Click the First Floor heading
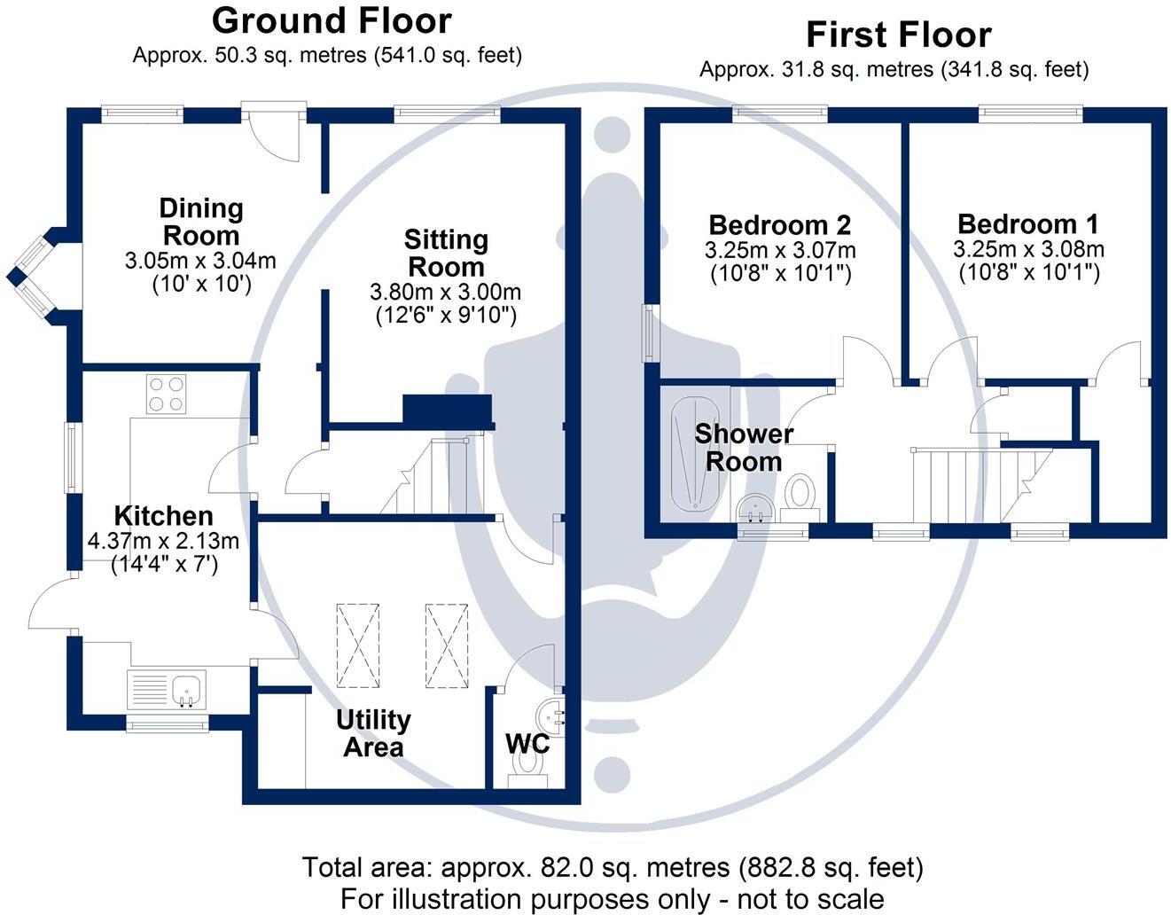(x=898, y=35)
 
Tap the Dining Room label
(x=200, y=222)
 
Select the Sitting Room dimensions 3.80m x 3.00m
(x=445, y=293)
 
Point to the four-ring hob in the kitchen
(x=167, y=394)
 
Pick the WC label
(x=527, y=742)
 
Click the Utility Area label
(x=373, y=733)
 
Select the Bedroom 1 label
(x=1028, y=223)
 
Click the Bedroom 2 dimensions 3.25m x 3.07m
(x=780, y=251)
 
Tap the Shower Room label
(x=743, y=448)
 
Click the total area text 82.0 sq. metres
(x=613, y=866)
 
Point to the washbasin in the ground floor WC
(x=550, y=711)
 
